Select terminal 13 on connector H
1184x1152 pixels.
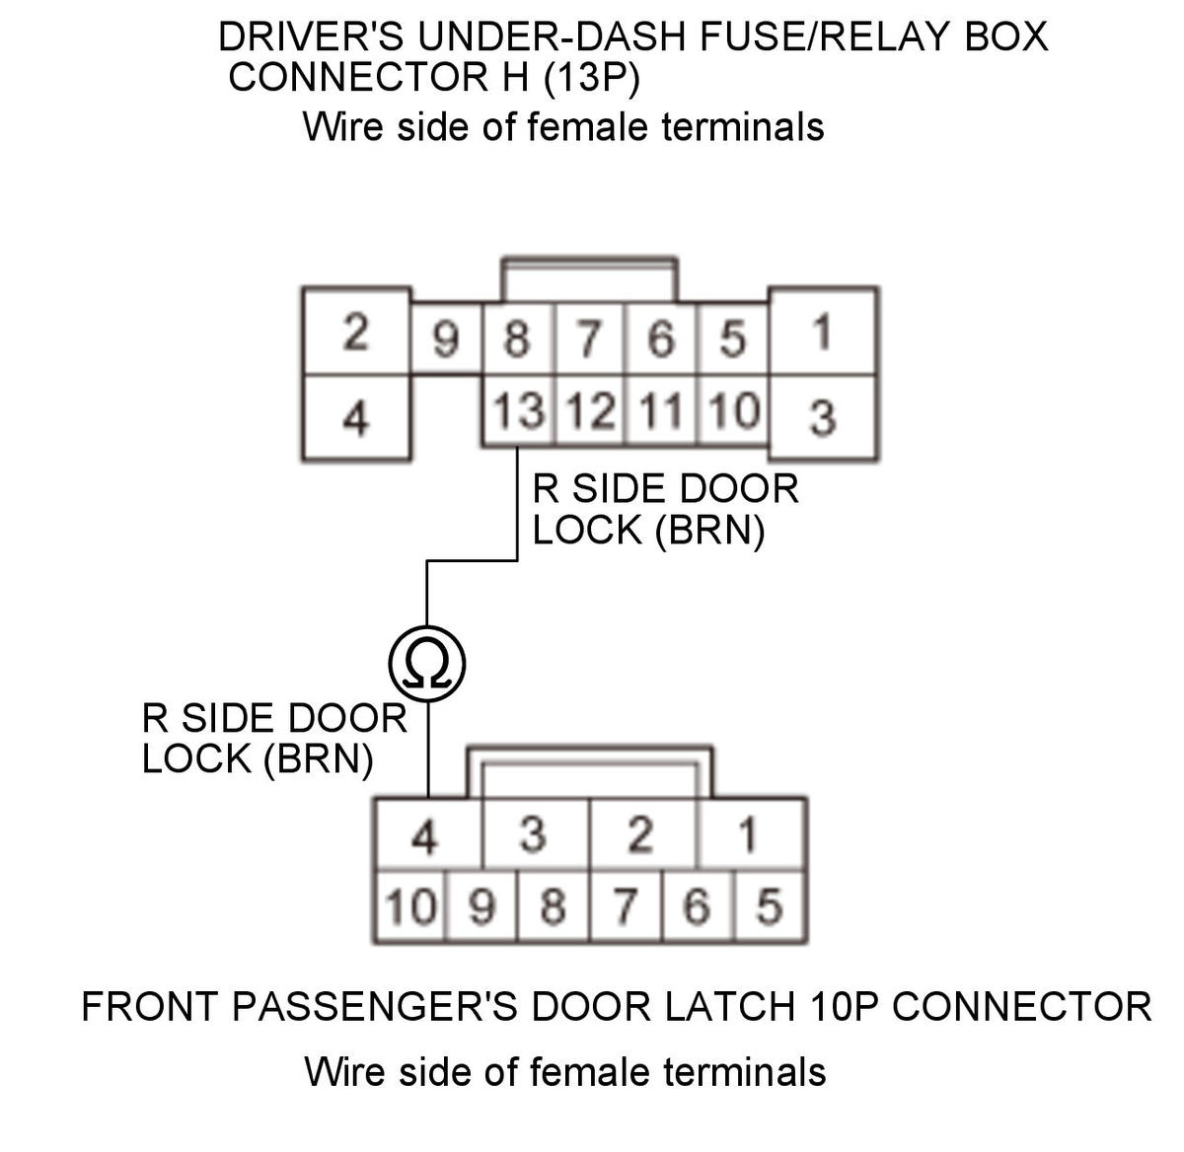[519, 411]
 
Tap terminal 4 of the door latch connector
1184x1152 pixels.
[424, 837]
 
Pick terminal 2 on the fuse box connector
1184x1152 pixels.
[355, 333]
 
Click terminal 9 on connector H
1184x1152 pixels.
[446, 340]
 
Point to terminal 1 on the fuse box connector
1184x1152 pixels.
[822, 332]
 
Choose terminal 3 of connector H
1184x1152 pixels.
[822, 417]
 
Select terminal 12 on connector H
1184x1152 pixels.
[590, 411]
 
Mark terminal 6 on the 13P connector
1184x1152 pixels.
[660, 340]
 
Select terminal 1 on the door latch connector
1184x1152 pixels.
[748, 836]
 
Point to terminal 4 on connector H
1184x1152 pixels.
[355, 417]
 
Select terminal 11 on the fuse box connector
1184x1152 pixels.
[661, 411]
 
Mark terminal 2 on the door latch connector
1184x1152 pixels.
[640, 836]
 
